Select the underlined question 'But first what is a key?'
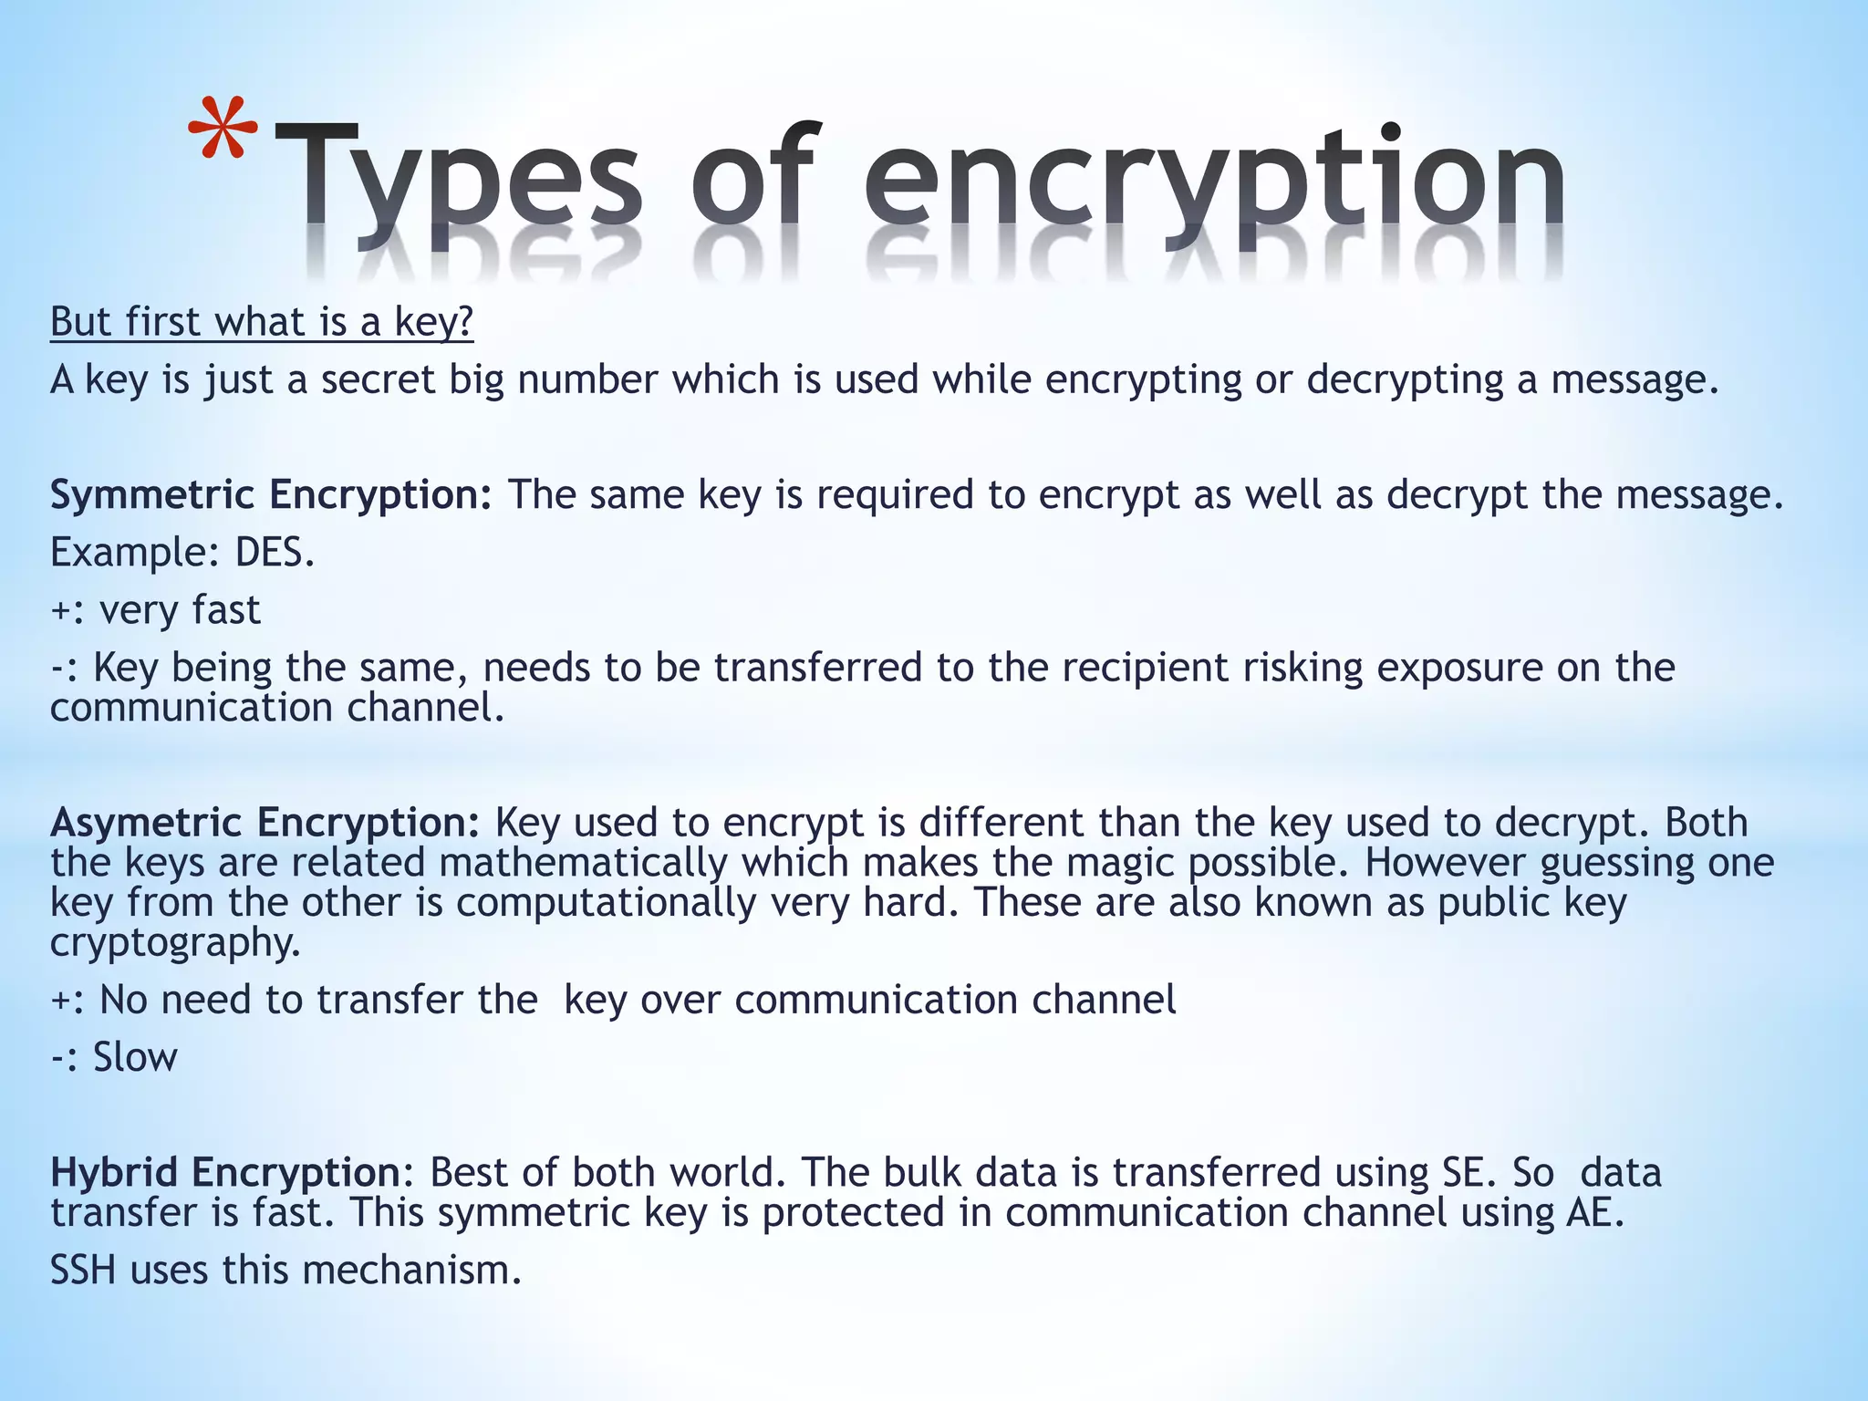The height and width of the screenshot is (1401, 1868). pos(262,322)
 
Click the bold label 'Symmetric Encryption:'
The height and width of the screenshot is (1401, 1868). pos(271,494)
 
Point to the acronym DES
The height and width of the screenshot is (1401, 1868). pos(275,552)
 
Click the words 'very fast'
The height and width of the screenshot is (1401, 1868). pos(180,609)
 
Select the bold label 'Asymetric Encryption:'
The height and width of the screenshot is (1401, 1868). pos(265,823)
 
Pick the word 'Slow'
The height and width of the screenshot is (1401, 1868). pos(135,1057)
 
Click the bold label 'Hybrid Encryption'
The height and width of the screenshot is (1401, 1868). pos(224,1172)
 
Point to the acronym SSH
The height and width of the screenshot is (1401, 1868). pos(83,1270)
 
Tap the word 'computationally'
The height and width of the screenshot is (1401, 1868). pos(607,902)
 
